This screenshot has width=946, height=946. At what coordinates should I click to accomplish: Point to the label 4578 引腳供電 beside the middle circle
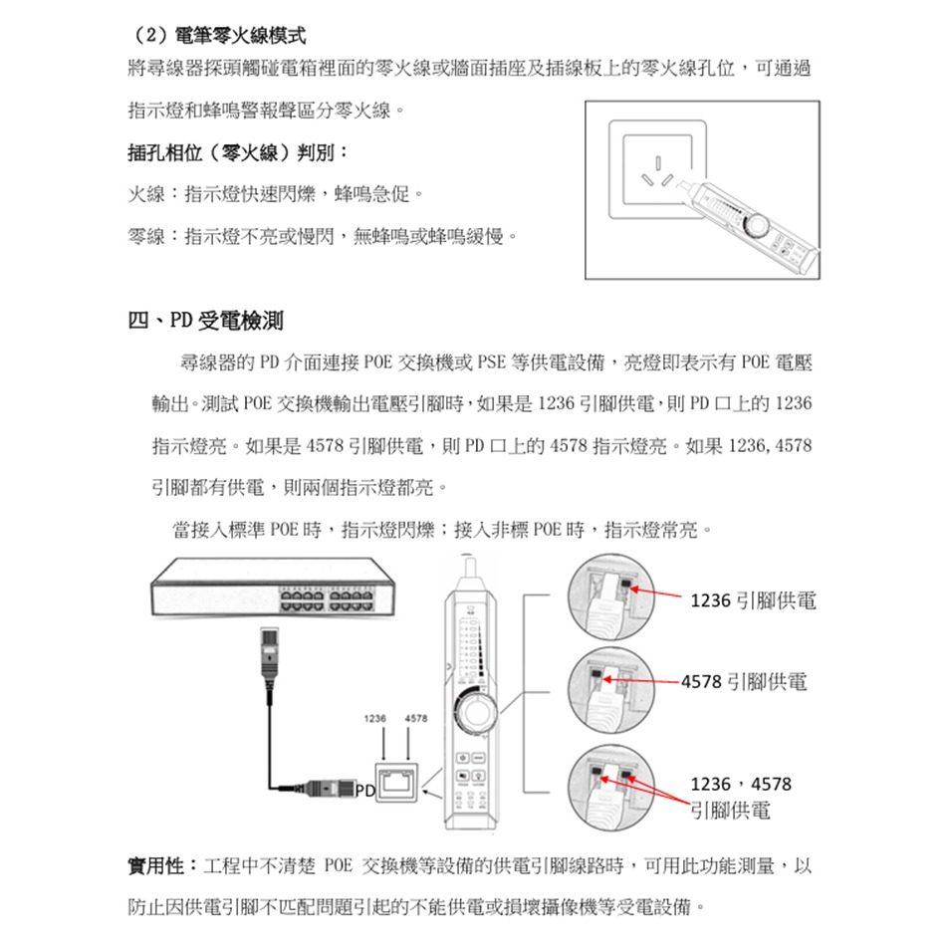click(x=744, y=682)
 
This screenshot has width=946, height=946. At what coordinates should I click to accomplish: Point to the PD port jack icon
click(x=397, y=783)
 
